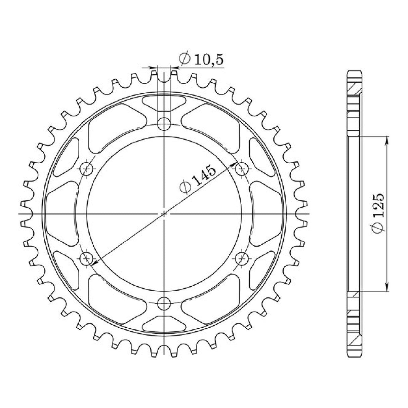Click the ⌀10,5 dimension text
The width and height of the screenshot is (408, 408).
[x=201, y=59]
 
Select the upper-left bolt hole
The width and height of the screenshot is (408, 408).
[x=87, y=168]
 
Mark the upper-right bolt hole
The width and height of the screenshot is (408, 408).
[x=241, y=168]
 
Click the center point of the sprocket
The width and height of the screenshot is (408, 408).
[x=164, y=214]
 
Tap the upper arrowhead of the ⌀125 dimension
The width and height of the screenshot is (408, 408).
[x=387, y=139]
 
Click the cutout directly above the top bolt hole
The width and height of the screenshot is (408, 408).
[x=164, y=103]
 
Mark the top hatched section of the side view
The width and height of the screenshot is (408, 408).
[x=355, y=88]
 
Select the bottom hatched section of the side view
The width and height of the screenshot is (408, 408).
[x=355, y=339]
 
